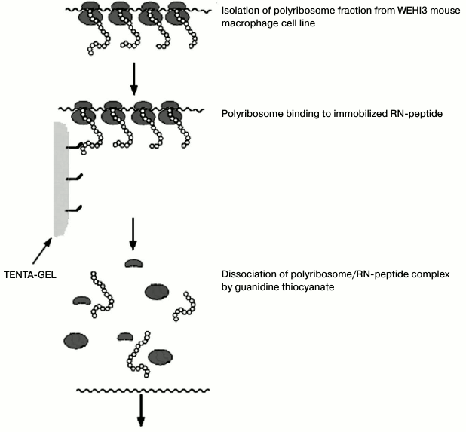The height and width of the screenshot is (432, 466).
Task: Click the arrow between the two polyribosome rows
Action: point(134,78)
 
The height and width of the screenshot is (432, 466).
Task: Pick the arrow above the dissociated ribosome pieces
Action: point(133,234)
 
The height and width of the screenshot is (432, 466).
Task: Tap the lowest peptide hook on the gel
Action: point(74,208)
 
